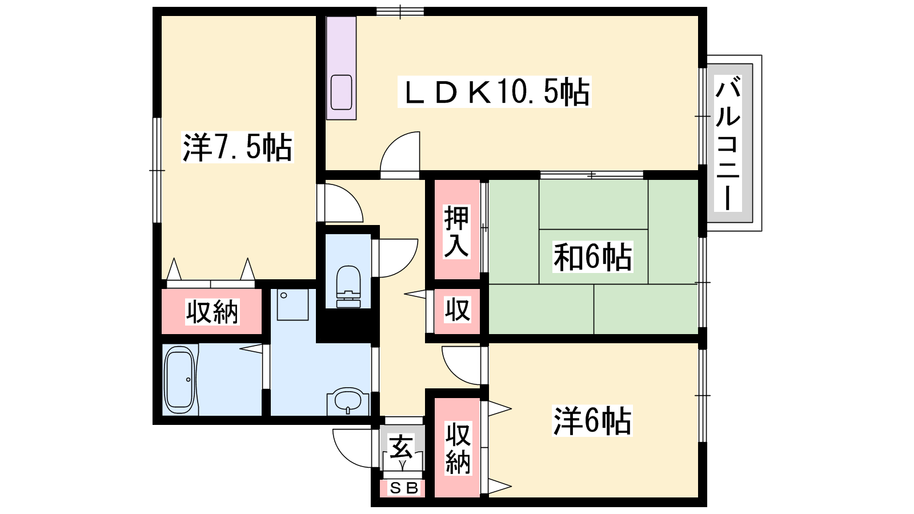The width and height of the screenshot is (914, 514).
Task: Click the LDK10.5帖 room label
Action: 495,92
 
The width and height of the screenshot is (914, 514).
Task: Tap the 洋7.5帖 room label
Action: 238,147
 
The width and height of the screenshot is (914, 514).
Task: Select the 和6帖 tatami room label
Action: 592,257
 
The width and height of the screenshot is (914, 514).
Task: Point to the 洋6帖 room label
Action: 592,420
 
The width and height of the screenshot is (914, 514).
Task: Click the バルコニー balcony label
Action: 728,143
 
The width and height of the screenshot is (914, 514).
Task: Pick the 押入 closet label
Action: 456,232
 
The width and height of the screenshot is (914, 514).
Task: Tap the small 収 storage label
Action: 457,310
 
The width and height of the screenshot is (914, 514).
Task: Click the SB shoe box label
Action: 404,488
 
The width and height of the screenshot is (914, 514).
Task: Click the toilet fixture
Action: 348,286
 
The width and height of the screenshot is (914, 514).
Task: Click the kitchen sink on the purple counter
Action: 341,93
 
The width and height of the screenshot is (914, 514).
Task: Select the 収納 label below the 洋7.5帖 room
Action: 212,312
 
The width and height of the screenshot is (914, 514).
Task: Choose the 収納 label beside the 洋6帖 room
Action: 458,448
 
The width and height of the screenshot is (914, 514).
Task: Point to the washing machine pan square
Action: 292,305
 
